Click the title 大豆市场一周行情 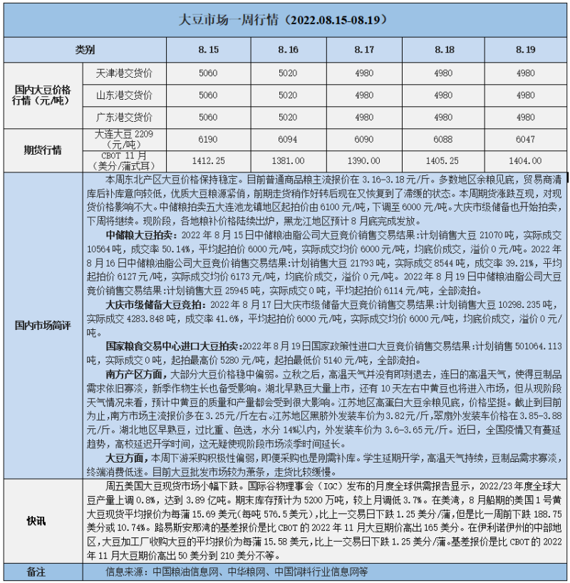(x=285, y=19)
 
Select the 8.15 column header (x=208, y=50)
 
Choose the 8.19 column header (x=525, y=50)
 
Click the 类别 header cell (x=85, y=50)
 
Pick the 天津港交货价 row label (x=123, y=73)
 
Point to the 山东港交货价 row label (x=123, y=95)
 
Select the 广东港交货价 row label (x=123, y=117)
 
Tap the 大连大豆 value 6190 (x=208, y=140)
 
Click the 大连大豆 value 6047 (x=525, y=140)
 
